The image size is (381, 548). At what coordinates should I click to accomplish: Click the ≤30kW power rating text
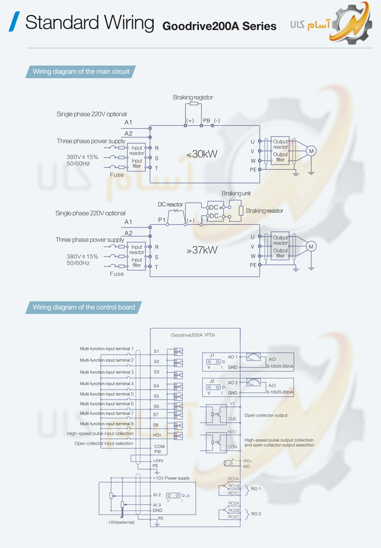pyautogui.click(x=202, y=154)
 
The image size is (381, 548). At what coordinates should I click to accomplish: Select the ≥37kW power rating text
pyautogui.click(x=202, y=250)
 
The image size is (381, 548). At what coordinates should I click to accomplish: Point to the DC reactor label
pyautogui.click(x=170, y=204)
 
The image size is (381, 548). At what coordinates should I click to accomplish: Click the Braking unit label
pyautogui.click(x=235, y=193)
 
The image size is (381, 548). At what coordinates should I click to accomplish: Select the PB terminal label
pyautogui.click(x=206, y=120)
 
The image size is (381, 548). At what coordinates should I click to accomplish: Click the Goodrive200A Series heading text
pyautogui.click(x=220, y=26)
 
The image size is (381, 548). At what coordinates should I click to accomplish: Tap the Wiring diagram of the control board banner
pyautogui.click(x=83, y=307)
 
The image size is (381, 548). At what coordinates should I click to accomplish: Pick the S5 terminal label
pyautogui.click(x=156, y=396)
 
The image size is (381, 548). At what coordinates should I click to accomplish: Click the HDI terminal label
pyautogui.click(x=157, y=435)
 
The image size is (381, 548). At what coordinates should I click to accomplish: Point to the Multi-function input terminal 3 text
pyautogui.click(x=107, y=372)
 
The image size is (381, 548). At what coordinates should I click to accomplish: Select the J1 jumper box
pyautogui.click(x=213, y=360)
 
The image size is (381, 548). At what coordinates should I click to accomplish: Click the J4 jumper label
pyautogui.click(x=187, y=495)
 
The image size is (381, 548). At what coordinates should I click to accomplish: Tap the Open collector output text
pyautogui.click(x=265, y=415)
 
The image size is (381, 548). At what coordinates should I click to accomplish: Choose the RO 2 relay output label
pyautogui.click(x=256, y=514)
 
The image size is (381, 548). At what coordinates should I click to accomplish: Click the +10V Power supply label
pyautogui.click(x=171, y=478)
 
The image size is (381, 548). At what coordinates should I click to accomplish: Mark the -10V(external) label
pyautogui.click(x=124, y=522)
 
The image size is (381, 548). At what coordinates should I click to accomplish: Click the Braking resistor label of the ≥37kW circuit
pyautogui.click(x=264, y=210)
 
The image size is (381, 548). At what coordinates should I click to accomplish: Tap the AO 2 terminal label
pyautogui.click(x=233, y=383)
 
